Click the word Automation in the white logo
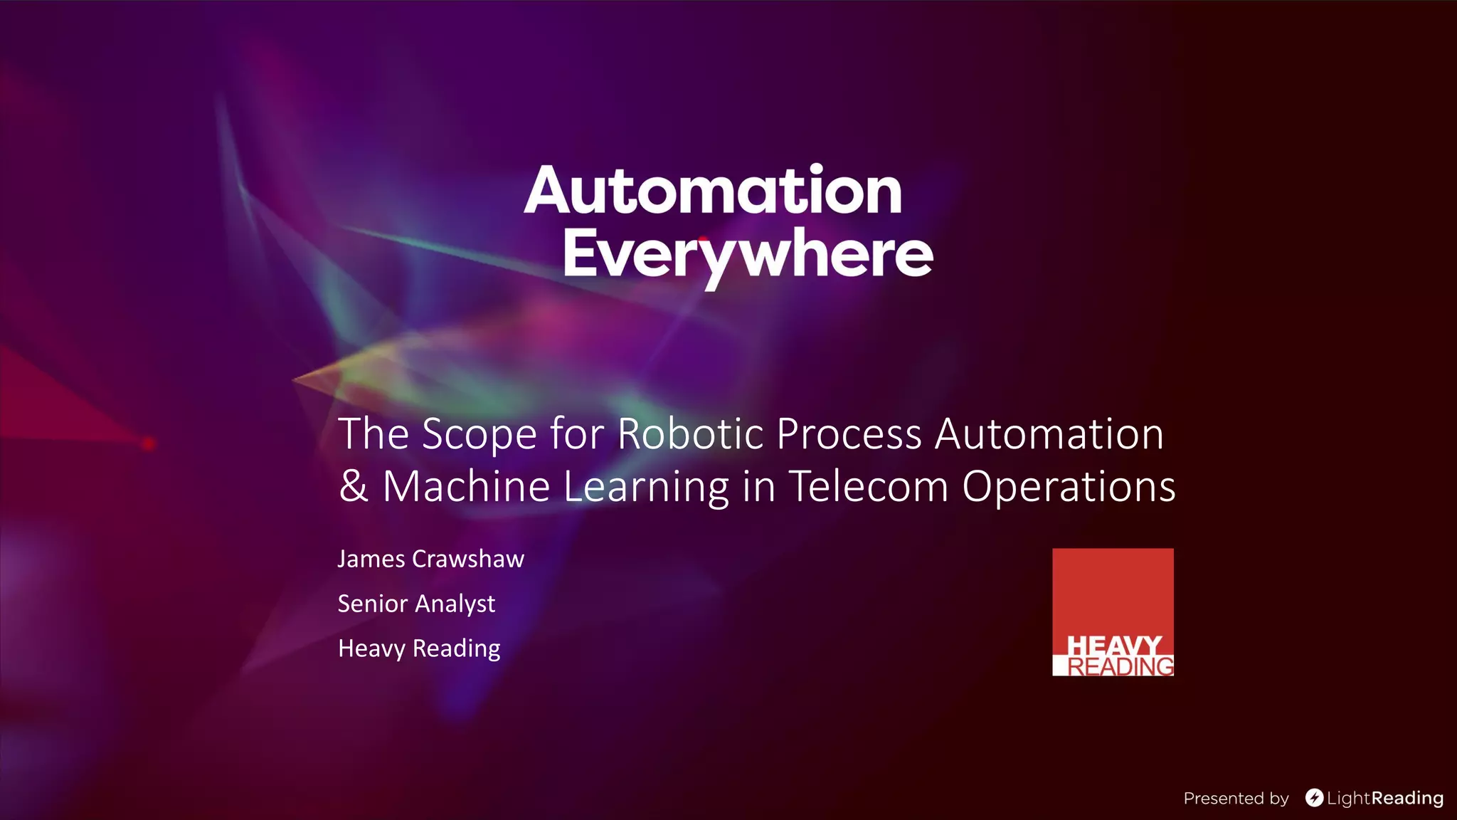(714, 191)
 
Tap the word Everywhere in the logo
(748, 254)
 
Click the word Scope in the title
(479, 433)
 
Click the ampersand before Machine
(354, 486)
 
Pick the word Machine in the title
(466, 486)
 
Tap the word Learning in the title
(647, 488)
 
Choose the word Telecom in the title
(869, 486)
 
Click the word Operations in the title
(1069, 488)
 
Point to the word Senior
(372, 604)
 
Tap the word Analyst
(455, 604)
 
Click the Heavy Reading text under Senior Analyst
(419, 648)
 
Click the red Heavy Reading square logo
(1113, 611)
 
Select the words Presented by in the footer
(1236, 799)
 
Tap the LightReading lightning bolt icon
(1314, 798)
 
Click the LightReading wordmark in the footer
(1384, 799)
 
